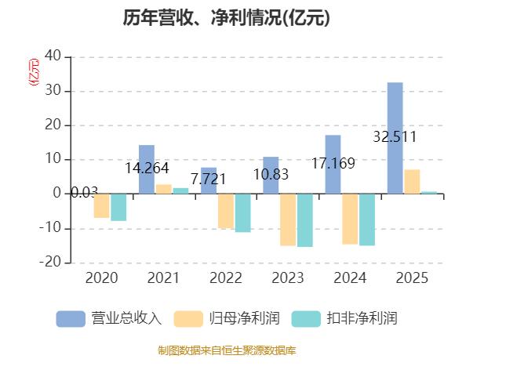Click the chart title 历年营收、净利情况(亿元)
(227, 18)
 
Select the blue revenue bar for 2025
(395, 138)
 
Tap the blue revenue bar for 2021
(147, 169)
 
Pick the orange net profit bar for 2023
(287, 219)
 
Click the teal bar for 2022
(242, 212)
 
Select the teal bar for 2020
(118, 207)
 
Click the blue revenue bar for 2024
(333, 165)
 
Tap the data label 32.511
(395, 137)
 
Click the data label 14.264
(147, 169)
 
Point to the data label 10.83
(271, 175)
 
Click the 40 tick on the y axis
(53, 56)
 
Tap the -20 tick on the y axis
(52, 263)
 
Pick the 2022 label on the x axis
(225, 278)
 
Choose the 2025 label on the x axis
(412, 278)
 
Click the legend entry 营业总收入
(109, 318)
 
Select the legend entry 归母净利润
(228, 318)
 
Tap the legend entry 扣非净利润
(344, 318)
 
